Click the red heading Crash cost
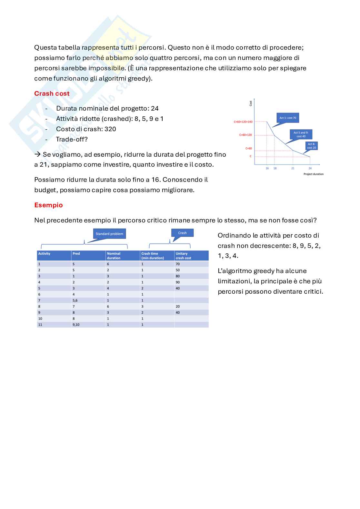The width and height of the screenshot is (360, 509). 52,93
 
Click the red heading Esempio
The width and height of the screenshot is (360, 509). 48,205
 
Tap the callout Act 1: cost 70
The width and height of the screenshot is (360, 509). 288,118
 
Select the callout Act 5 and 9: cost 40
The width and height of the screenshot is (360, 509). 301,134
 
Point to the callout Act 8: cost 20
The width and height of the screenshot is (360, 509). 311,146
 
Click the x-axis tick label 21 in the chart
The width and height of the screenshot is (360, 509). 293,168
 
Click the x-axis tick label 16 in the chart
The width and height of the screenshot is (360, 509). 267,168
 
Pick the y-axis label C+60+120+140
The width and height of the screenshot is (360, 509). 243,122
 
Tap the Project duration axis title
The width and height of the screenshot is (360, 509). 313,174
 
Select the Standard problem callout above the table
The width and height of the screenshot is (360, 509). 109,234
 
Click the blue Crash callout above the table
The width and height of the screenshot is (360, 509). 182,233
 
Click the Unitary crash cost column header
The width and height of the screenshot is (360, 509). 183,256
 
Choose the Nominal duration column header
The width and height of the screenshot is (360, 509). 114,256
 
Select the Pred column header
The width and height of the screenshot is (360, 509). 76,254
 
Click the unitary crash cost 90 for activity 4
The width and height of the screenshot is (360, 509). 178,282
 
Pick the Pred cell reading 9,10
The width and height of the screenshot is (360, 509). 76,325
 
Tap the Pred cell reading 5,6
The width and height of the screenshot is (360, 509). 75,300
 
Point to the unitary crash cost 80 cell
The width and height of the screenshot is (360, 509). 178,276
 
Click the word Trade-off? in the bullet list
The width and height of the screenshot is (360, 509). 72,139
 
